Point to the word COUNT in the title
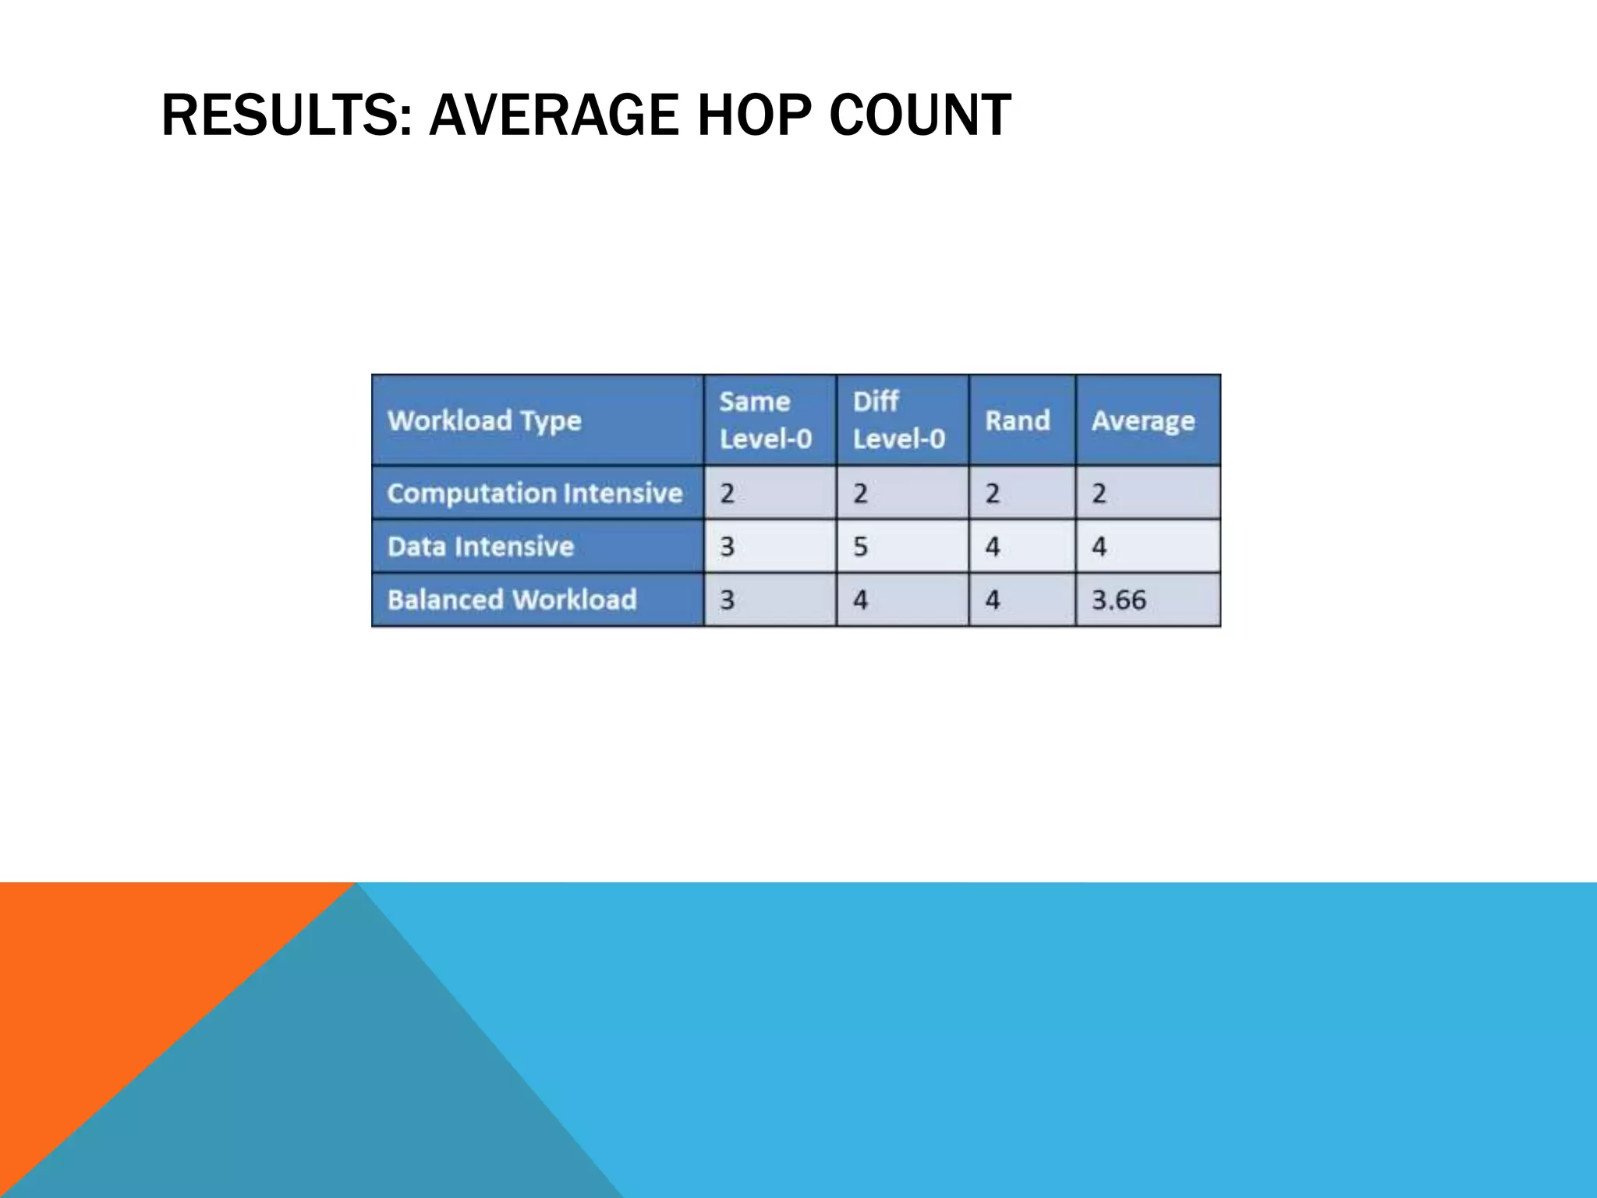coord(920,115)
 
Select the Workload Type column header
coord(484,421)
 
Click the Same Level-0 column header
coord(766,420)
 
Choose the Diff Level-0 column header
coord(899,420)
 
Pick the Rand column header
coord(1018,421)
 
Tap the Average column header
coord(1143,421)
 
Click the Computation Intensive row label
coord(535,493)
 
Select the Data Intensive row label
coord(480,546)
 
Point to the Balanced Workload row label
coord(512,600)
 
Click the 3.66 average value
coord(1119,600)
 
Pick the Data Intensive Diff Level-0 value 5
coord(860,546)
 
